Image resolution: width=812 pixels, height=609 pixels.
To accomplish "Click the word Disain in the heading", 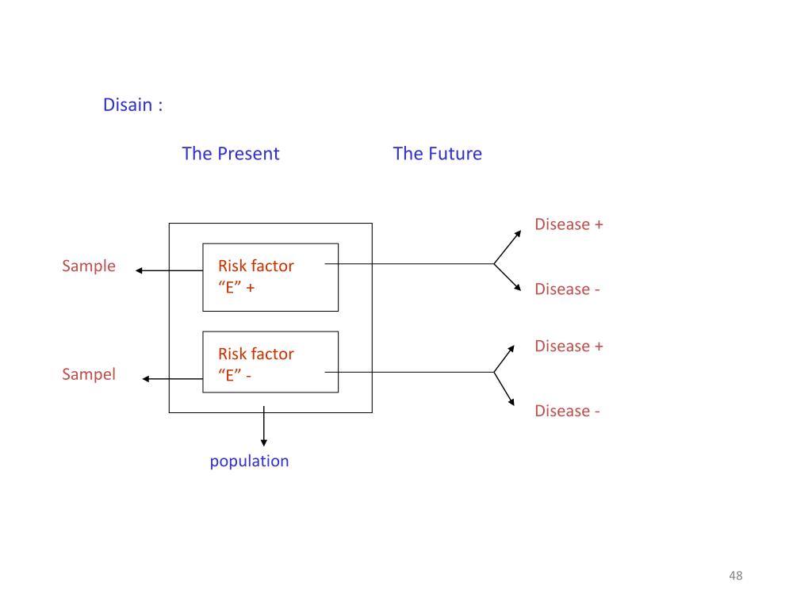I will click(x=128, y=105).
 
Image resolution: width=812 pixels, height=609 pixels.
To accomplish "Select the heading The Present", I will click(x=230, y=153).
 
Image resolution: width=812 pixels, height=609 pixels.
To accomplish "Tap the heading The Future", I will click(x=437, y=153).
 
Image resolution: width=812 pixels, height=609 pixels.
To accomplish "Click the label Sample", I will click(x=89, y=266).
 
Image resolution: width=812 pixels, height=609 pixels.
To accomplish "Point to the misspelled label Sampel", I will click(x=89, y=374).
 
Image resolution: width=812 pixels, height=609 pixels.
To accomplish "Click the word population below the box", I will click(x=249, y=461).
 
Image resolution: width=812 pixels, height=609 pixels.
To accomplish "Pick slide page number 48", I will click(x=735, y=576).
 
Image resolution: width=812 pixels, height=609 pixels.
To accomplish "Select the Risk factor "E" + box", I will click(x=270, y=277).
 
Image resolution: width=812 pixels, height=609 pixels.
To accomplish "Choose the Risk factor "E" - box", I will click(x=270, y=362).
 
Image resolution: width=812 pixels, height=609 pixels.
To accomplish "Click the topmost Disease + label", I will click(x=569, y=224).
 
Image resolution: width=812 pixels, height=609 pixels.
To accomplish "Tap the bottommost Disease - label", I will click(x=567, y=411).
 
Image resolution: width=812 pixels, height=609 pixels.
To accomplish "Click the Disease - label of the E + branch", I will click(x=567, y=289).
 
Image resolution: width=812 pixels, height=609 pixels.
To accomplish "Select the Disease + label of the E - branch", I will click(x=569, y=346).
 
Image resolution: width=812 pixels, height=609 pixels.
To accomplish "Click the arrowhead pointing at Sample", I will click(x=140, y=270).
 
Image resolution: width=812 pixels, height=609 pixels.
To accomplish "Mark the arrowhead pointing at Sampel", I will click(x=147, y=379).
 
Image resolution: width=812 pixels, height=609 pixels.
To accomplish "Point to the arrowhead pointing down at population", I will click(x=264, y=442).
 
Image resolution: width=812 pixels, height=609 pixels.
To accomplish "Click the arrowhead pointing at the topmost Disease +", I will click(x=518, y=233).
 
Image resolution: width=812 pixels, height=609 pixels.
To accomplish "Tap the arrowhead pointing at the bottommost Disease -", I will click(x=518, y=404).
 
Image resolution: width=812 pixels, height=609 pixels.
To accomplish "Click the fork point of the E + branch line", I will click(x=494, y=263).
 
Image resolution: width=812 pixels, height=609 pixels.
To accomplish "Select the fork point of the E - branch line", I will click(x=494, y=372).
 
